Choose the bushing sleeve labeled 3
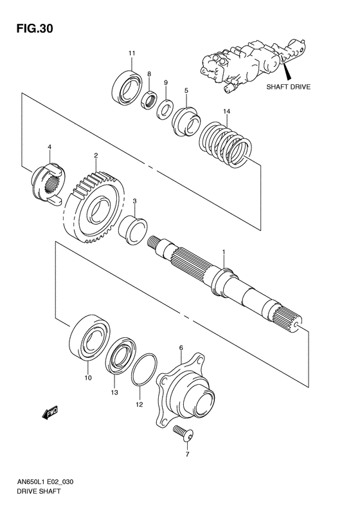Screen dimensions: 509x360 134,230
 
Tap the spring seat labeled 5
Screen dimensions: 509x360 185,120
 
